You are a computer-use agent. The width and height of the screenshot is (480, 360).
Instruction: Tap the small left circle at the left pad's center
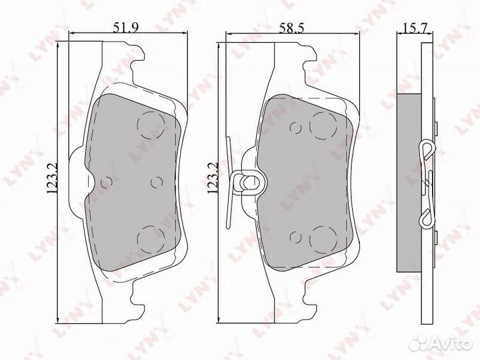pyautogui.click(x=105, y=181)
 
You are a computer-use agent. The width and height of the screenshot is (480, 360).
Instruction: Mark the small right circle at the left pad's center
pyautogui.click(x=156, y=181)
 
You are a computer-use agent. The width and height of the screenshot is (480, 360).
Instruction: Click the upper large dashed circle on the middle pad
pyautogui.click(x=324, y=124)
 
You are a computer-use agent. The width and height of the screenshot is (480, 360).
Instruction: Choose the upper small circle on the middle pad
pyautogui.click(x=294, y=127)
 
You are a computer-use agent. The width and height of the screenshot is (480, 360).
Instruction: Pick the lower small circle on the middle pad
pyautogui.click(x=294, y=235)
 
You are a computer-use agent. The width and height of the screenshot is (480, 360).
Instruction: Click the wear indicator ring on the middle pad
pyautogui.click(x=245, y=180)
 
